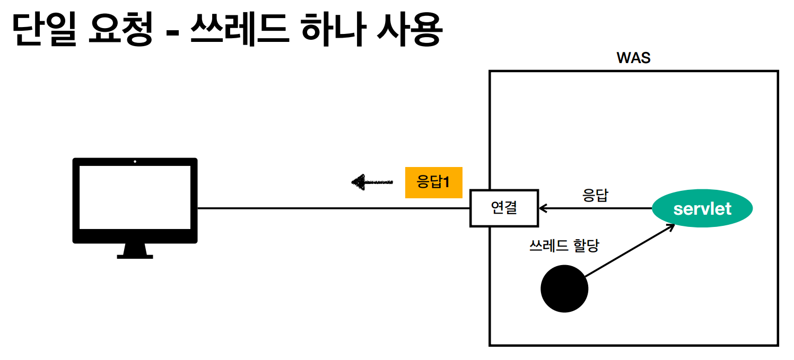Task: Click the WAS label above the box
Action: pyautogui.click(x=633, y=58)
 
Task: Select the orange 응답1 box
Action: pyautogui.click(x=433, y=183)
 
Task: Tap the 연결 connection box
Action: pyautogui.click(x=504, y=208)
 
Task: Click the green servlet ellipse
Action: pyautogui.click(x=702, y=208)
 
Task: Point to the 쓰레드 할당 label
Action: pyautogui.click(x=564, y=245)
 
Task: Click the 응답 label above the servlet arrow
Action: pyautogui.click(x=595, y=195)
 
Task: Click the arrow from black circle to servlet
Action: pyautogui.click(x=629, y=250)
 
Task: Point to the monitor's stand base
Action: pyautogui.click(x=135, y=256)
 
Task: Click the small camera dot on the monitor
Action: pyautogui.click(x=135, y=161)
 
